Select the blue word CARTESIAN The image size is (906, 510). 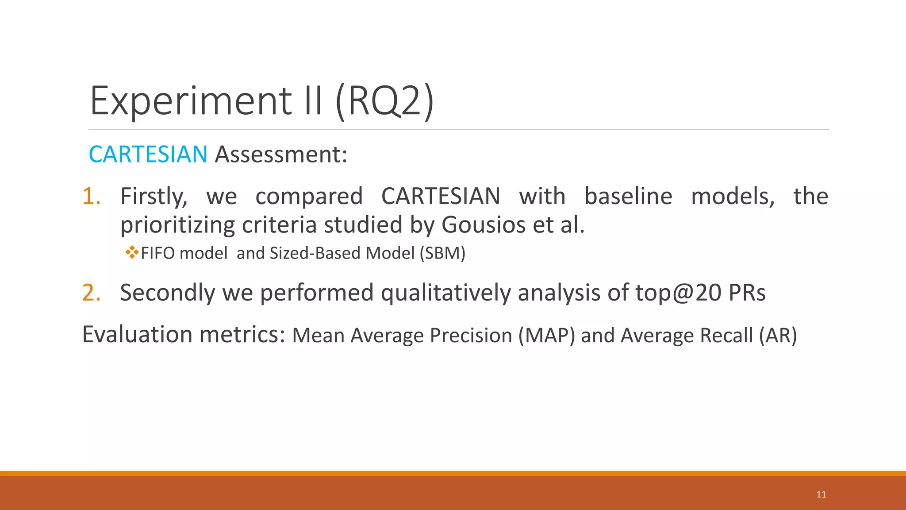coord(148,154)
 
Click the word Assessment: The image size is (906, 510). coord(281,154)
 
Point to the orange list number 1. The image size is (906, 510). coord(91,196)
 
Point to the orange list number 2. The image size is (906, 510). coord(91,293)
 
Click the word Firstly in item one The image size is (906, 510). coord(154,196)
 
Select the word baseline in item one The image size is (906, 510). coord(628,196)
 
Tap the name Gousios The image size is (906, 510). coord(484,224)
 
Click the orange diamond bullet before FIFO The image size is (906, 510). coord(131,253)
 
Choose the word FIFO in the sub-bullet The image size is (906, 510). coord(157,253)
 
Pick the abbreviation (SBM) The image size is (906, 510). coord(442,253)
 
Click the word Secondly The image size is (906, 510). coord(167,293)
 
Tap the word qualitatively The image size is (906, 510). coord(445,293)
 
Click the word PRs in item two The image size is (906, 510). coord(747,293)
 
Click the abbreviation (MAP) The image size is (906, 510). coord(547,336)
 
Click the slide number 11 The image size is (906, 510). coord(821,495)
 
